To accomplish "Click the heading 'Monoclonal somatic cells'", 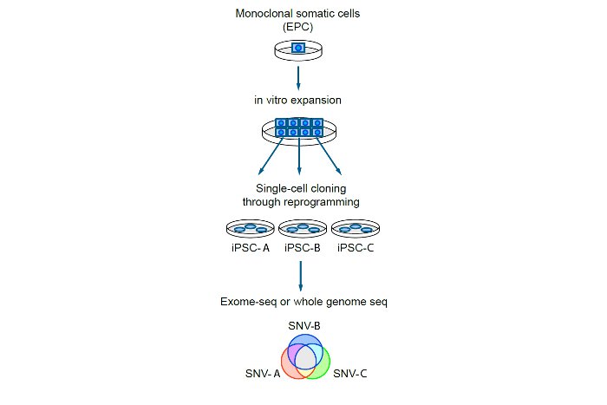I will [x=298, y=14].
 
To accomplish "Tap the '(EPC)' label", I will [x=298, y=28].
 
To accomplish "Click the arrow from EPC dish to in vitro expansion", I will [x=298, y=77].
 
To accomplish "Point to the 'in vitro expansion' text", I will [x=298, y=100].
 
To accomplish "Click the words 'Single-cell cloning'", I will [x=298, y=189].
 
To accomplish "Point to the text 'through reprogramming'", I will [x=298, y=203].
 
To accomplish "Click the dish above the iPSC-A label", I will [x=250, y=229].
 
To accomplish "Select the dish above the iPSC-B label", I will [x=303, y=229].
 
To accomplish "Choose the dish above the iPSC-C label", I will [x=356, y=229].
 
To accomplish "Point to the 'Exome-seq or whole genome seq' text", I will [x=300, y=302].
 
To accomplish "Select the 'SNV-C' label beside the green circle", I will [x=351, y=374].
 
